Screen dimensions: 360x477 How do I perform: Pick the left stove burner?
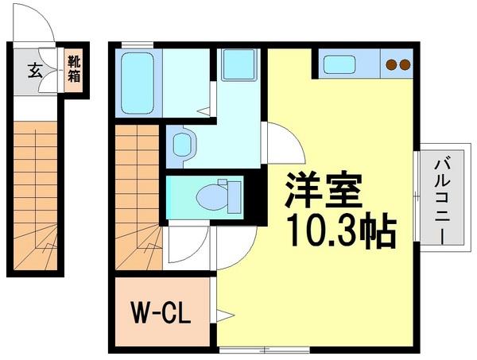click(392, 65)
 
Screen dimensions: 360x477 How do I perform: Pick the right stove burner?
click(405, 65)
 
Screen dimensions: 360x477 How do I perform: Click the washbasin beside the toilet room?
click(183, 144)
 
